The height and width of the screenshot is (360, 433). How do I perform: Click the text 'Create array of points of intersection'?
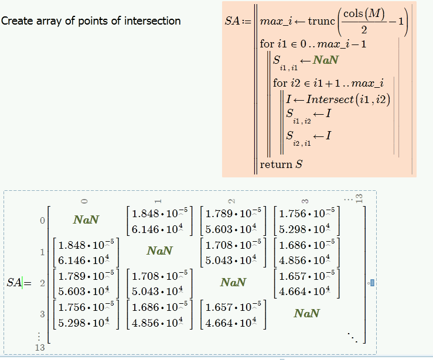pyautogui.click(x=91, y=21)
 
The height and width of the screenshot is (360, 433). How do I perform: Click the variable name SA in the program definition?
pyautogui.click(x=232, y=22)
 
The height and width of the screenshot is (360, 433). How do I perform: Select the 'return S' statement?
pyautogui.click(x=281, y=164)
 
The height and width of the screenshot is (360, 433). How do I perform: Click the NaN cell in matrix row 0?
pyautogui.click(x=86, y=220)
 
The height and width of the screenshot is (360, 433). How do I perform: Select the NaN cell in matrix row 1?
pyautogui.click(x=159, y=251)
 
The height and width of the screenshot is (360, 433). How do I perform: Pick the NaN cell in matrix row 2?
pyautogui.click(x=233, y=282)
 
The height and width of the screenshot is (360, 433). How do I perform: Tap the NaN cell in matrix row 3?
pyautogui.click(x=306, y=313)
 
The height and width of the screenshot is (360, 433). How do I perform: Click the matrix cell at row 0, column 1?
pyautogui.click(x=159, y=220)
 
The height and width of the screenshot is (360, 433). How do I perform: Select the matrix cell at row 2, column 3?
pyautogui.click(x=306, y=282)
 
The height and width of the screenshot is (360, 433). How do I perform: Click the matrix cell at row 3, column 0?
pyautogui.click(x=86, y=313)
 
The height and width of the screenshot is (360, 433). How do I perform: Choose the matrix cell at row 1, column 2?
pyautogui.click(x=233, y=251)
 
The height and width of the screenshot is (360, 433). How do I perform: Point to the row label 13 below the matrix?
pyautogui.click(x=40, y=348)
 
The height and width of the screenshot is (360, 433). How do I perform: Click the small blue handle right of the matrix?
pyautogui.click(x=371, y=283)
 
